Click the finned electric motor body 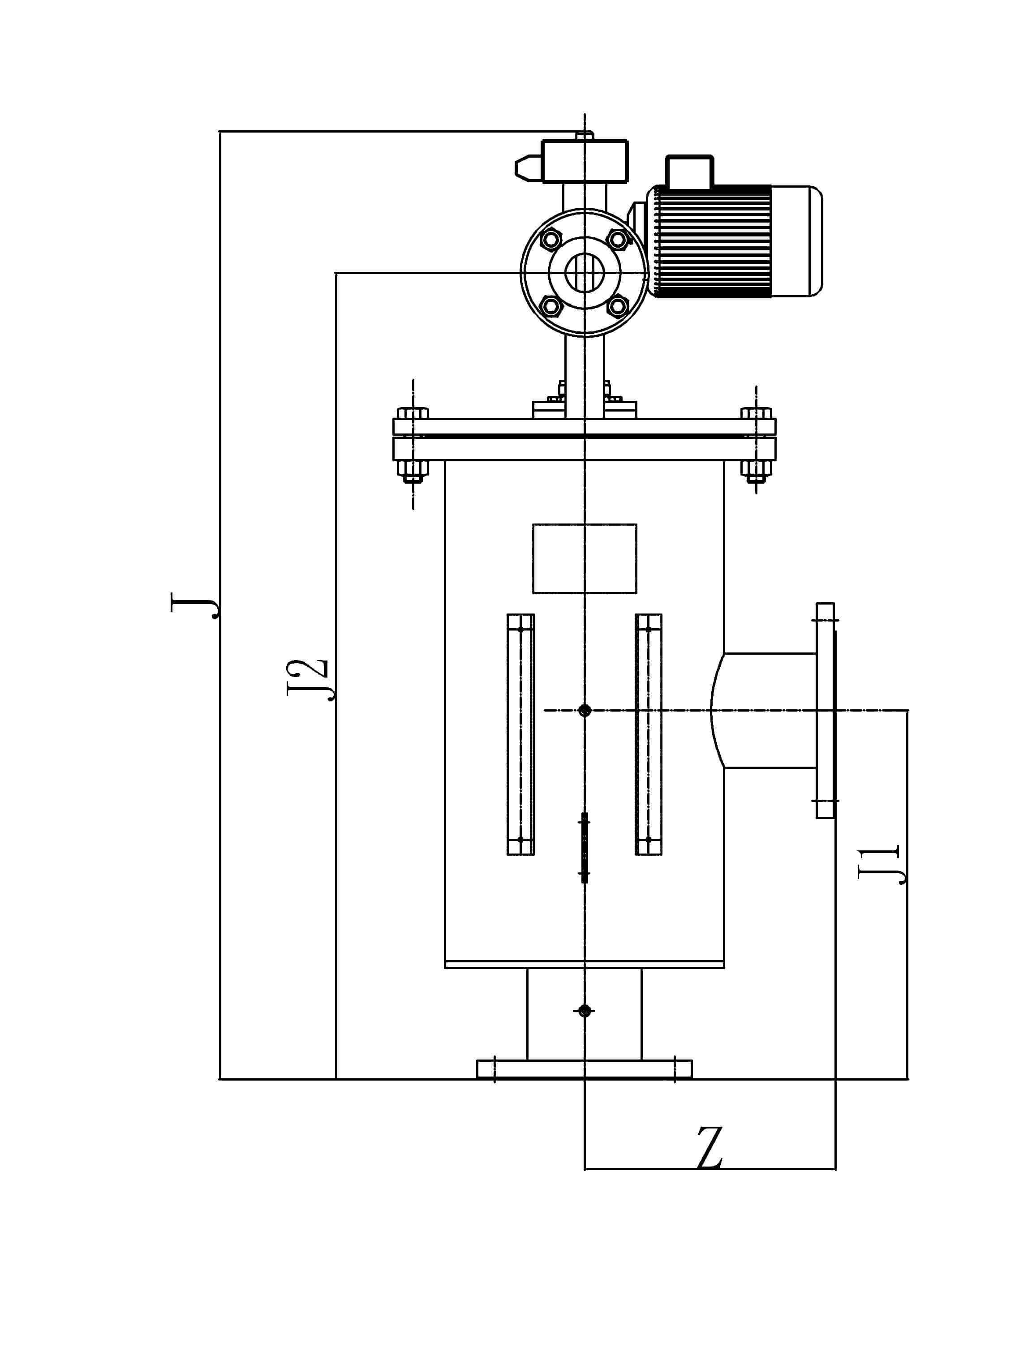(x=735, y=241)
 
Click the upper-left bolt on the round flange (x=550, y=239)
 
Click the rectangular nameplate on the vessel (x=584, y=558)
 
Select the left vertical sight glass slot (x=520, y=734)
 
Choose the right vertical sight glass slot (x=648, y=734)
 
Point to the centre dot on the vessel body (x=584, y=711)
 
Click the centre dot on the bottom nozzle (x=584, y=1010)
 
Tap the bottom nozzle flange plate (x=584, y=1069)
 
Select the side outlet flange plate (x=826, y=711)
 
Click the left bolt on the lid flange (x=412, y=443)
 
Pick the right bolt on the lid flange (x=757, y=443)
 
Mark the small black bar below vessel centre (x=584, y=848)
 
